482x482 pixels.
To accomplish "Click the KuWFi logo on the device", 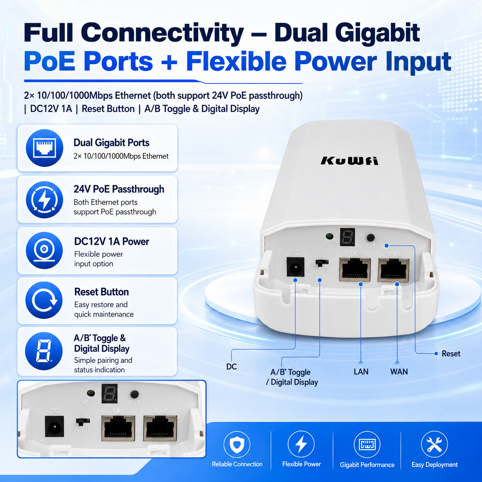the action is pyautogui.click(x=349, y=161).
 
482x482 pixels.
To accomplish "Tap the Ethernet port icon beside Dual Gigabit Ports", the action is pyautogui.click(x=45, y=148).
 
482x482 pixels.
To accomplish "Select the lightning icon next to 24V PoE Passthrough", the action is pyautogui.click(x=45, y=199).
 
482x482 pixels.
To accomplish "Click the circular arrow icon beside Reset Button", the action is pyautogui.click(x=44, y=300).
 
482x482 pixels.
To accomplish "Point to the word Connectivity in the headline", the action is pyautogui.click(x=162, y=33).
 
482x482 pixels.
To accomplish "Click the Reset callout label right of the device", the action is pyautogui.click(x=451, y=354).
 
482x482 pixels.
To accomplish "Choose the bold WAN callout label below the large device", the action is pyautogui.click(x=399, y=372).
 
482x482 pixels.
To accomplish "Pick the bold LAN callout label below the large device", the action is pyautogui.click(x=361, y=372).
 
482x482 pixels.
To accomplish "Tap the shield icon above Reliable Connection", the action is pyautogui.click(x=237, y=444).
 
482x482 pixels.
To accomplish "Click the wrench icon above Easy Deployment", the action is pyautogui.click(x=434, y=444).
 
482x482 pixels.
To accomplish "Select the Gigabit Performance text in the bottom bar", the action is pyautogui.click(x=367, y=465).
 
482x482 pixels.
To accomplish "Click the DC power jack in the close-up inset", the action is pyautogui.click(x=54, y=427).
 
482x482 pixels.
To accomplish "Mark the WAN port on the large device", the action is pyautogui.click(x=394, y=270).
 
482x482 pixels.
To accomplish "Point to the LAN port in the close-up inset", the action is pyautogui.click(x=118, y=428).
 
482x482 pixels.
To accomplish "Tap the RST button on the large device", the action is pyautogui.click(x=371, y=238).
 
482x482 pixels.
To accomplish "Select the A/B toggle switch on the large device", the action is pyautogui.click(x=322, y=263).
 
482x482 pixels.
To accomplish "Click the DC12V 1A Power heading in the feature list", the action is pyautogui.click(x=111, y=242).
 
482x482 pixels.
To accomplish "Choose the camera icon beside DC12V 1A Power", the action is pyautogui.click(x=44, y=250).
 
